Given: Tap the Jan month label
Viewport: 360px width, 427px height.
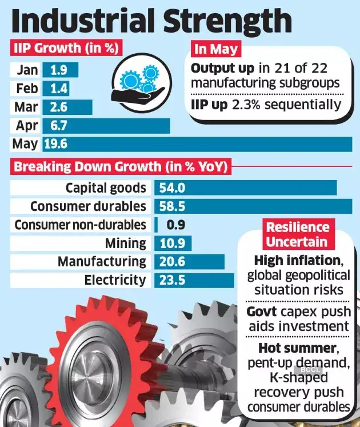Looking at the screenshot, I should click(x=28, y=70).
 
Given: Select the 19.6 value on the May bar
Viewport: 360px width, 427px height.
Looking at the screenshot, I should click(x=56, y=143).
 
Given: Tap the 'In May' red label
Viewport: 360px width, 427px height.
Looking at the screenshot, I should click(x=217, y=49).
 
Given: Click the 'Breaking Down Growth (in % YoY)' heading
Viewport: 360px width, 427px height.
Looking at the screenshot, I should click(x=121, y=167).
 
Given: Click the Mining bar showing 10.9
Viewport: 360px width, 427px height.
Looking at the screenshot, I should click(x=171, y=244).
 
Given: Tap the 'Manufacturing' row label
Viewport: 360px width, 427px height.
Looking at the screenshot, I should click(x=102, y=262).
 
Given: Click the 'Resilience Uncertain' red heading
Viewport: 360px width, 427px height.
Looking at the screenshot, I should click(x=297, y=234).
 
